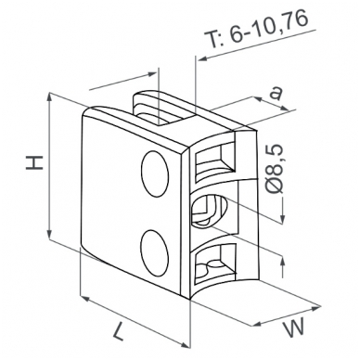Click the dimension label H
click(34, 163)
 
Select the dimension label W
click(294, 328)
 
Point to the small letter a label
click(276, 93)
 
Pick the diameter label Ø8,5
click(275, 170)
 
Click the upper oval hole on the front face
click(155, 174)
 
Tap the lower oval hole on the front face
click(155, 252)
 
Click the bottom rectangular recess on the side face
click(216, 263)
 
